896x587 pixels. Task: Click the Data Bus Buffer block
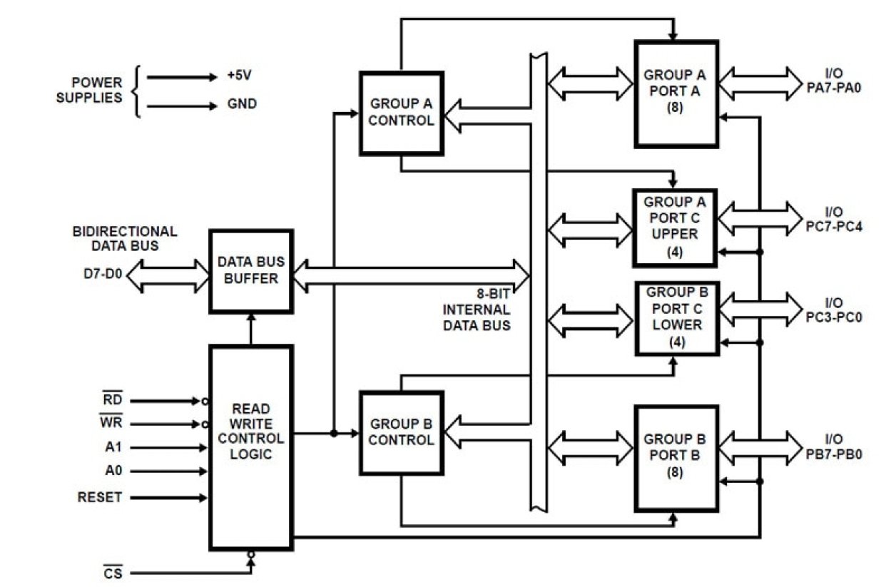250,271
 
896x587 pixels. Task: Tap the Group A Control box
401,113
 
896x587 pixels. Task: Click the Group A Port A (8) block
676,93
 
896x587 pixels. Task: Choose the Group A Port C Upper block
676,226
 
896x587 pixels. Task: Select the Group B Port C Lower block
676,317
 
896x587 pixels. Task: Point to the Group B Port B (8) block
676,457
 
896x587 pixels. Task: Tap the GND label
242,104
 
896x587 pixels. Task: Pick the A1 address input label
112,448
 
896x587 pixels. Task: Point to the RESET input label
100,497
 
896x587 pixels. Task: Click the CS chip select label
113,573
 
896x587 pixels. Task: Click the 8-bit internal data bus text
477,310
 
